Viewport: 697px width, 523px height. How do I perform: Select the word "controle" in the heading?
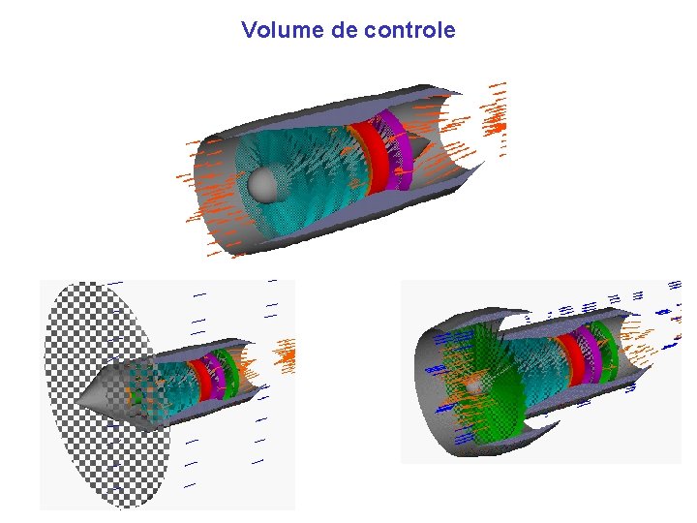[x=409, y=30]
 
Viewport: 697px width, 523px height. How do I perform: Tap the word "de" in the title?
[x=345, y=30]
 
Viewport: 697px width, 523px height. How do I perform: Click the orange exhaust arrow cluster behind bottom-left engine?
[x=287, y=355]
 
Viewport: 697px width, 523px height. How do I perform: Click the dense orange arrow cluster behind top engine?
[x=497, y=124]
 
